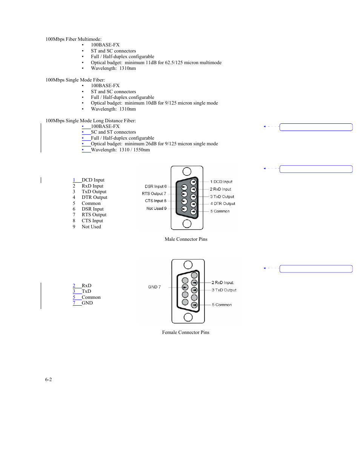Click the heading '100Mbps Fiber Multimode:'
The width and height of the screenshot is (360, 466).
coord(73,39)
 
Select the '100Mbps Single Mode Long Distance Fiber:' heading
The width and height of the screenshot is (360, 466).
coord(91,121)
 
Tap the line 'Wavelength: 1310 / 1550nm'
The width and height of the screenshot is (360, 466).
coord(120,150)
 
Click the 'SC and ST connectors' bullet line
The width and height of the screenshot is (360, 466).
coord(113,132)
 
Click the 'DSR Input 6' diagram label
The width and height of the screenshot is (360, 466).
coord(155,186)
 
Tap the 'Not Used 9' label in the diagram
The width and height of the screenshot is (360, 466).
coord(156,208)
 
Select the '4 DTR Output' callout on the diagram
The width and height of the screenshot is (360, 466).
coord(223,204)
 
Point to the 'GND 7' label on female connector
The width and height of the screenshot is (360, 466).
coord(154,287)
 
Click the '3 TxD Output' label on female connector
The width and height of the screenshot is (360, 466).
coord(224,290)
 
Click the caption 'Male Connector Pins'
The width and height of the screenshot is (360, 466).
coord(186,239)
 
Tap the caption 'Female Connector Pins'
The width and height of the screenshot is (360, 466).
coord(186,332)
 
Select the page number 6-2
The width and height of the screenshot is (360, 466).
coord(48,380)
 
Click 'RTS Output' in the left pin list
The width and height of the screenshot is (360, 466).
coord(94,215)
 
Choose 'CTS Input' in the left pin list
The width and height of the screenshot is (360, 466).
coord(92,221)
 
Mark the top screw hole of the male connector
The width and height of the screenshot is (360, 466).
coord(187,171)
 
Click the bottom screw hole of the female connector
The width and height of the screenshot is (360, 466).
coord(188,317)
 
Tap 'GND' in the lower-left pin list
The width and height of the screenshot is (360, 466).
coord(87,303)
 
